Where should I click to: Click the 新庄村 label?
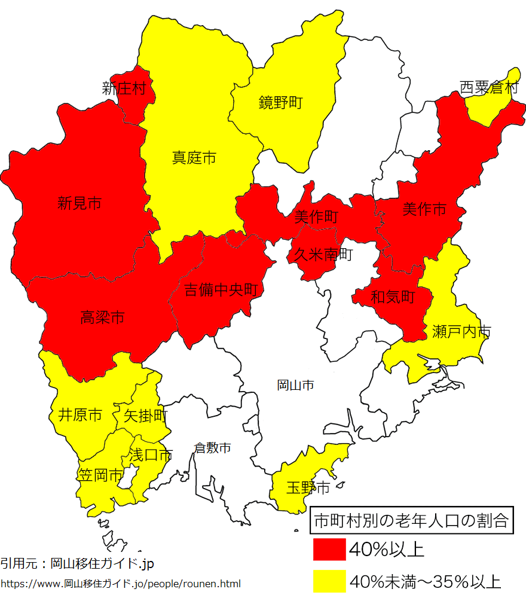[124, 89]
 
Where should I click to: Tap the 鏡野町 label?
[280, 103]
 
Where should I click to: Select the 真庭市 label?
[194, 158]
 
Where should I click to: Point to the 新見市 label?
[79, 203]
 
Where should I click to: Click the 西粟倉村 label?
[489, 89]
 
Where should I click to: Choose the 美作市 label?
[424, 209]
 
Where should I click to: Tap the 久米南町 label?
[323, 255]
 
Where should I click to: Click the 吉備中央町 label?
[221, 291]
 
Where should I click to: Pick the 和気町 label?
[393, 297]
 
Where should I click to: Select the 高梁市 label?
[102, 318]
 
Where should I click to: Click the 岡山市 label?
[295, 385]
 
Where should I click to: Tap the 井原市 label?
[79, 414]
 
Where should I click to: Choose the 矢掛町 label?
[145, 415]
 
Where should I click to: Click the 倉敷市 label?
[212, 447]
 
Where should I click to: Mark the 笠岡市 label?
[100, 475]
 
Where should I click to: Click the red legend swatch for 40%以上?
[329, 548]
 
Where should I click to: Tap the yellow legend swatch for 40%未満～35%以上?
[329, 581]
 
